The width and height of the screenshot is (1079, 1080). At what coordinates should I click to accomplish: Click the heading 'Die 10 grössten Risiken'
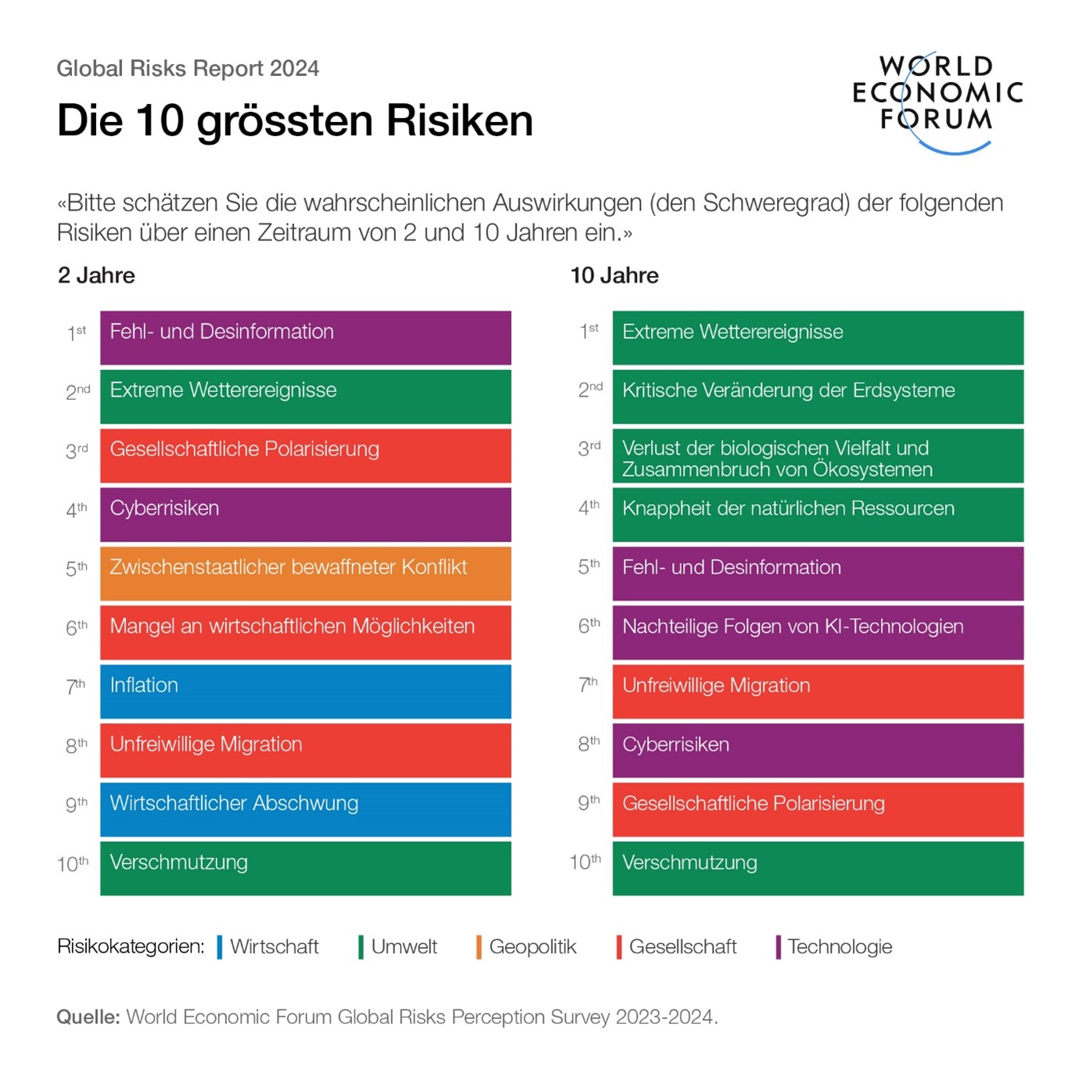pos(294,121)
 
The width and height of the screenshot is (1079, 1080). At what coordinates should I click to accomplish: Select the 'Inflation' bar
pos(305,690)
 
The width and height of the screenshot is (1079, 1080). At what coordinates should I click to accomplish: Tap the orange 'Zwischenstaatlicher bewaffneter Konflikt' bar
pos(305,573)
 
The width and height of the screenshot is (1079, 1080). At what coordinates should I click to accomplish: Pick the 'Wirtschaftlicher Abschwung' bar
pos(305,808)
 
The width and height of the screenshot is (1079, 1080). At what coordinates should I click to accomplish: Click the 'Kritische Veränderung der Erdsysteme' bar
pos(818,396)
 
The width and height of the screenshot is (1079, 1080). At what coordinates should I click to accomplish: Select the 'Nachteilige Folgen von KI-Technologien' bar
pos(818,632)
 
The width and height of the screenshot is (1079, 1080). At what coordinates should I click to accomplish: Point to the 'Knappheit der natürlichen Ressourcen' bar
pos(818,514)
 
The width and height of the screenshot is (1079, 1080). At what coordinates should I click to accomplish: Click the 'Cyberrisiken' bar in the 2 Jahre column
pos(305,514)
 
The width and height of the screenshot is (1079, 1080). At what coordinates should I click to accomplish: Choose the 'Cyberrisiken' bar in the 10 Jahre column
pos(818,750)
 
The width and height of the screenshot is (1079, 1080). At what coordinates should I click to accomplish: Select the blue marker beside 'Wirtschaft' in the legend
pos(220,946)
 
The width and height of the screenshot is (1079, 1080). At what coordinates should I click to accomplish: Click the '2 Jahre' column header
pos(96,275)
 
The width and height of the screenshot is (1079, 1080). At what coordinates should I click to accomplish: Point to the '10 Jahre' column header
pos(614,275)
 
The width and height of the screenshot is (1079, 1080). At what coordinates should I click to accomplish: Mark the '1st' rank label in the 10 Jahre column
pos(588,332)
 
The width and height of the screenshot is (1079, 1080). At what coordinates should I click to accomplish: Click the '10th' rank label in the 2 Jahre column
pos(73,863)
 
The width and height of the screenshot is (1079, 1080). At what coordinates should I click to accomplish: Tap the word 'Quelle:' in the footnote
pos(88,1017)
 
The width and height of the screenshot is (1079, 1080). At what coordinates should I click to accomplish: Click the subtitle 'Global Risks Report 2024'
pos(188,69)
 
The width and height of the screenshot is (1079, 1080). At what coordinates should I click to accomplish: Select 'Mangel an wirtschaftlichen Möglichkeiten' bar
pos(305,632)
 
